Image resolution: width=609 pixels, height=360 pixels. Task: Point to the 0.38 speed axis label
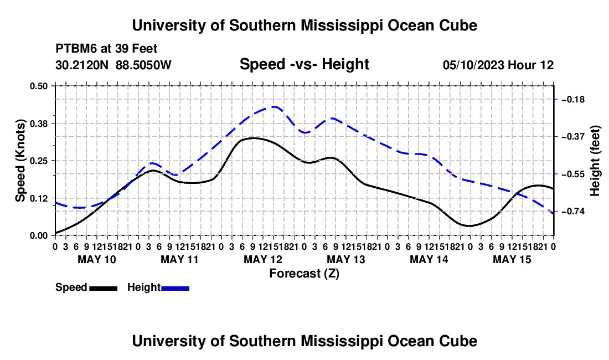click(38, 124)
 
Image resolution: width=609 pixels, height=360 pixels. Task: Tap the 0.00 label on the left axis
click(38, 235)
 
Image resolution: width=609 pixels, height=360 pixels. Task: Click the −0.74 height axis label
click(573, 211)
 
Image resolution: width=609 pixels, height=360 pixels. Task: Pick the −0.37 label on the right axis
click(573, 137)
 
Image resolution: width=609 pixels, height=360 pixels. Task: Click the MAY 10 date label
click(97, 259)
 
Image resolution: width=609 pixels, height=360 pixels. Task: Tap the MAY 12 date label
click(263, 259)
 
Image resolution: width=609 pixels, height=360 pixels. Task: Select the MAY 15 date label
click(512, 259)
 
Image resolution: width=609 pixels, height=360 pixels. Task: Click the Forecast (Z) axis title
click(304, 274)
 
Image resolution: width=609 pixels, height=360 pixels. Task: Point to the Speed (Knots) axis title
click(20, 161)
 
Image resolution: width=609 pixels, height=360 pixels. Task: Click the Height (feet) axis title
click(595, 161)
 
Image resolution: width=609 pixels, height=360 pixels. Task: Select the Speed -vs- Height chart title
click(304, 64)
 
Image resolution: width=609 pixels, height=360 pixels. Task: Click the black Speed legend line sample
click(104, 288)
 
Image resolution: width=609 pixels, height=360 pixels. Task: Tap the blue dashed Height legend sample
click(175, 288)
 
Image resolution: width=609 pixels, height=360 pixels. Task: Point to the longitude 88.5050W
click(143, 65)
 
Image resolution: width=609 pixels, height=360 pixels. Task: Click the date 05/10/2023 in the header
click(473, 65)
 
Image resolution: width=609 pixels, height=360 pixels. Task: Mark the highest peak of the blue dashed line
click(275, 106)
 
